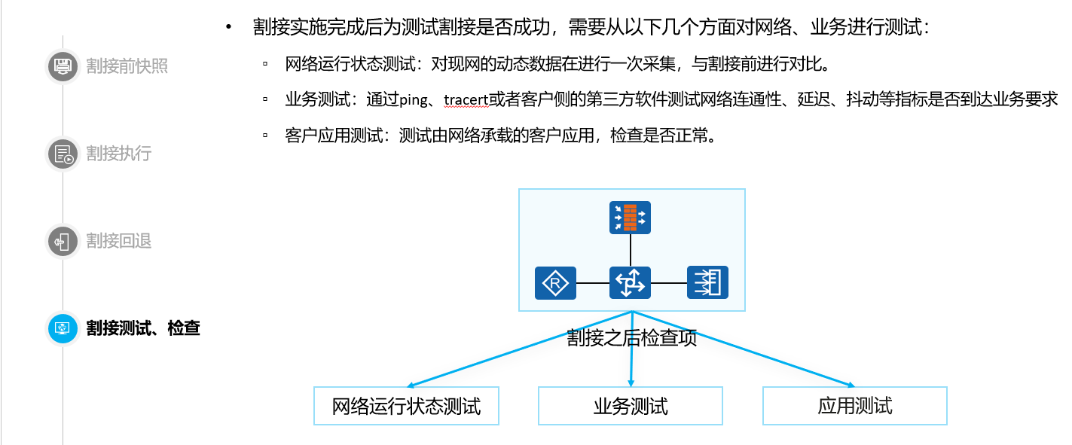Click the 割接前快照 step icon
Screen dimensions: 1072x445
click(63, 66)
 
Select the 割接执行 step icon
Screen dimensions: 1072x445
click(63, 154)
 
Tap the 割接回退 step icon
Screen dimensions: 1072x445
click(63, 241)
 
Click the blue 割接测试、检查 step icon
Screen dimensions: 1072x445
click(63, 328)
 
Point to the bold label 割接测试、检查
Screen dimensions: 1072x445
click(143, 328)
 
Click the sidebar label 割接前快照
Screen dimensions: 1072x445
click(127, 66)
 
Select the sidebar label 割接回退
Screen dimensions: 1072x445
click(119, 241)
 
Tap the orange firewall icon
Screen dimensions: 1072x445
click(630, 217)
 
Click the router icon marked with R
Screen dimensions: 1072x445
click(555, 282)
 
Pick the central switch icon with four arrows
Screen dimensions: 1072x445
click(630, 282)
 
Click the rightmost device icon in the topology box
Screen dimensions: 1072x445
click(707, 282)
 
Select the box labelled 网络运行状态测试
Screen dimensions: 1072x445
click(406, 407)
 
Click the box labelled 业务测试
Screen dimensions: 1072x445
click(630, 407)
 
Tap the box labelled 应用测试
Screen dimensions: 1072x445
click(854, 407)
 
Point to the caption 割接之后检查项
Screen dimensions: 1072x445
click(631, 338)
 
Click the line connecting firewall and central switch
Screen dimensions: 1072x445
click(630, 249)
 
